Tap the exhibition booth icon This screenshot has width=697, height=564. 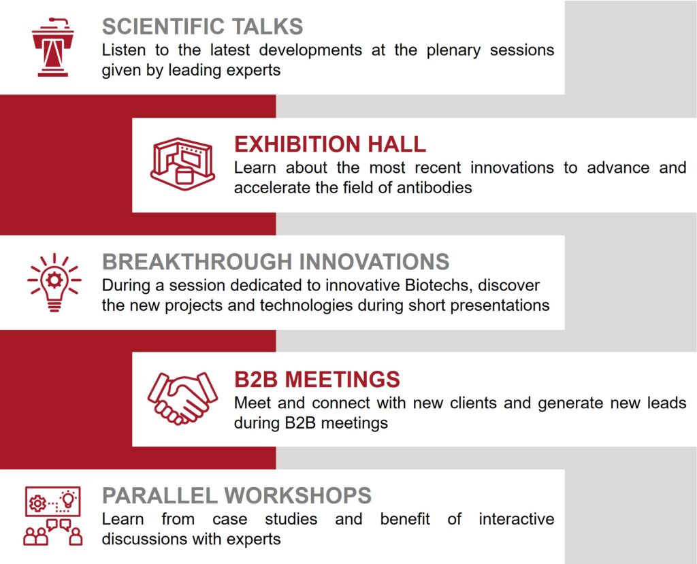tap(182, 164)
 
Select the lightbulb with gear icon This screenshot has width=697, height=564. tap(54, 282)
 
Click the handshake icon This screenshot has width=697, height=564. tap(182, 398)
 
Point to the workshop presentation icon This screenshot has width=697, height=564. tap(53, 516)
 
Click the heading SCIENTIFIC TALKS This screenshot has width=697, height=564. tap(202, 27)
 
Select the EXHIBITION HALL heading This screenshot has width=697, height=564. tap(330, 144)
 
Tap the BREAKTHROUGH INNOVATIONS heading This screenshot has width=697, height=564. tap(276, 262)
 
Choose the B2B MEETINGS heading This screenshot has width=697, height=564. tap(317, 380)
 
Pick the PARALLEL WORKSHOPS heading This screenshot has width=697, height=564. tap(236, 495)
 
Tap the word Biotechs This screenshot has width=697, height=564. tap(438, 285)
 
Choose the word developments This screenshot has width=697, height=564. tap(310, 50)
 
